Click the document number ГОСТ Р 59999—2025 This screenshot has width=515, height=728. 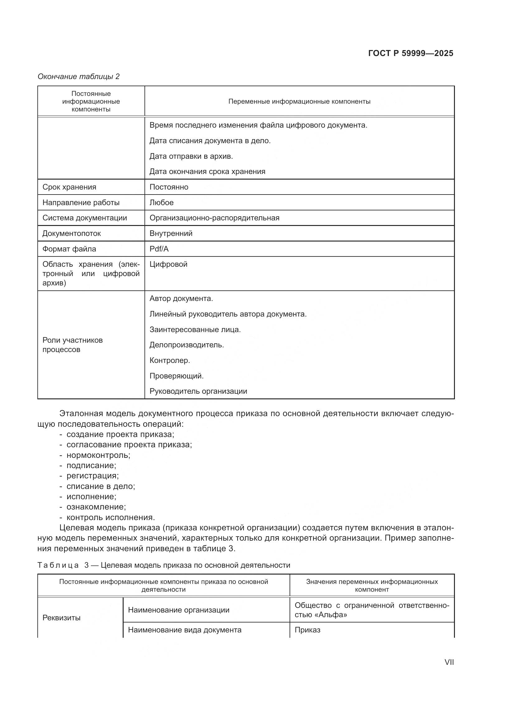click(x=411, y=53)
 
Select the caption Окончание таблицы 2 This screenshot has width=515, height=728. click(x=78, y=77)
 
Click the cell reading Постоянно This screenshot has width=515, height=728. click(x=169, y=187)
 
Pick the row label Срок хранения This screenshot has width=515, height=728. click(x=69, y=187)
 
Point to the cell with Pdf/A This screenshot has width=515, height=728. click(x=159, y=249)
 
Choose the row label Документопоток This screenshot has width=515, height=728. click(x=71, y=233)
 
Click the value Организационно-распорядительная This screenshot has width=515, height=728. click(x=214, y=218)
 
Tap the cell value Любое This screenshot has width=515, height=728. click(x=161, y=203)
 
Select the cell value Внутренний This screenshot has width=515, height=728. click(x=171, y=233)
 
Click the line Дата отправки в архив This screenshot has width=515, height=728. click(x=191, y=156)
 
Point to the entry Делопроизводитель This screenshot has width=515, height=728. click(x=187, y=345)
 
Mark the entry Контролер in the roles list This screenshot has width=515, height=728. click(x=170, y=360)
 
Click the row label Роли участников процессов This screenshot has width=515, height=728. click(x=72, y=345)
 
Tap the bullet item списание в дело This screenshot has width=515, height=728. click(x=101, y=486)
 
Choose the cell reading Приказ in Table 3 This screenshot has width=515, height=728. click(x=307, y=630)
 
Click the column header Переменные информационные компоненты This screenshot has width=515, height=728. click(x=299, y=101)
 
